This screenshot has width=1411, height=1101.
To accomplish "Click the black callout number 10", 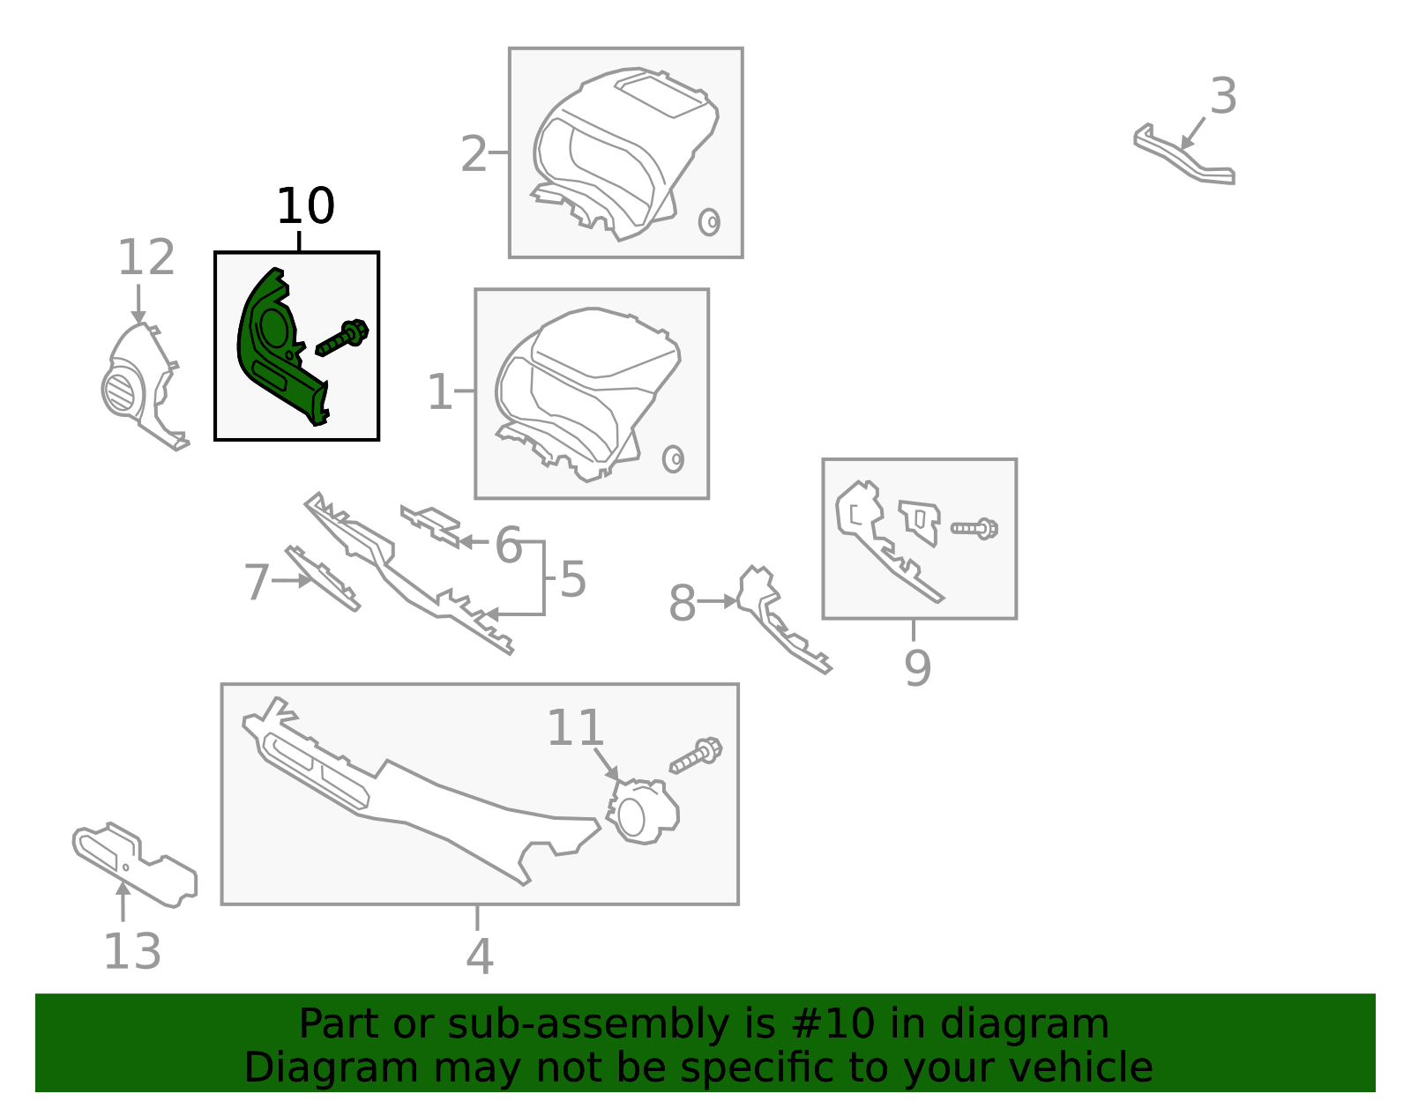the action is (306, 206).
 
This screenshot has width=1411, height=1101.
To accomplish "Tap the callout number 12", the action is (146, 257).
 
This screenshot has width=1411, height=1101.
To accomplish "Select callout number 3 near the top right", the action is (1223, 96).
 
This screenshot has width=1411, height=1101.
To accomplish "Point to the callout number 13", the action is (131, 952).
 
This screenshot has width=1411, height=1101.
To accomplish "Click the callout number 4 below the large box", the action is (480, 956).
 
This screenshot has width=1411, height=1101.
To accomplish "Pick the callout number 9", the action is (917, 668).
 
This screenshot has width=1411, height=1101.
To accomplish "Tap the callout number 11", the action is (576, 728).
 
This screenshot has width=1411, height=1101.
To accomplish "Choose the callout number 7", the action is (257, 582).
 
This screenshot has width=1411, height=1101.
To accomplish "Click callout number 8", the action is (683, 603).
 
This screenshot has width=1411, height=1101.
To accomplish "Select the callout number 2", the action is (474, 154).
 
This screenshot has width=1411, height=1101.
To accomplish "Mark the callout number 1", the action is (439, 392).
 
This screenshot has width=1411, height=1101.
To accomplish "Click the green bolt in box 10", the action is (342, 338).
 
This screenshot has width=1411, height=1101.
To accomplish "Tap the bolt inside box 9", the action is (974, 528).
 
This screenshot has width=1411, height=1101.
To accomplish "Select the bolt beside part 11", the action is (696, 755).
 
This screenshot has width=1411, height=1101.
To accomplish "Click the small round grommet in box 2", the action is (709, 222).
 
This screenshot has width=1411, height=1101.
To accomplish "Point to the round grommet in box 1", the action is (674, 459).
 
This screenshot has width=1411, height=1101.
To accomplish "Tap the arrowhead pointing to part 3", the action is (1187, 143).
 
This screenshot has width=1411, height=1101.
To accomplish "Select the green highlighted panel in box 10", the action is (284, 347).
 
